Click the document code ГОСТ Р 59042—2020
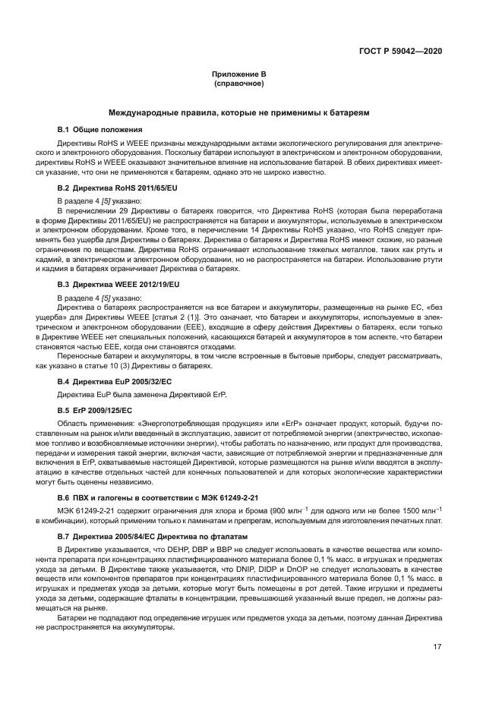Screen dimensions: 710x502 [400, 51]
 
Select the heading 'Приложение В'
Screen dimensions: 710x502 [238, 74]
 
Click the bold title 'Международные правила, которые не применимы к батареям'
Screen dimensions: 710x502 [238, 112]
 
